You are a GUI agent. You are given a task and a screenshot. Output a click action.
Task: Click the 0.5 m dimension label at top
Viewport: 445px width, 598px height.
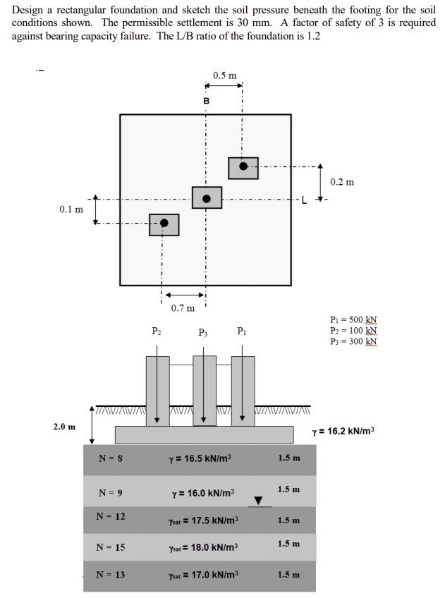[x=225, y=75]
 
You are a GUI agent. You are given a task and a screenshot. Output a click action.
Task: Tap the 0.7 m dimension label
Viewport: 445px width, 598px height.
[x=183, y=307]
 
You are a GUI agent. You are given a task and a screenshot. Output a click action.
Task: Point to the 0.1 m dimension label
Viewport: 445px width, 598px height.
[x=71, y=209]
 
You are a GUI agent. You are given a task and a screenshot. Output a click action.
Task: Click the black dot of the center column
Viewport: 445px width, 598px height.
[x=207, y=198]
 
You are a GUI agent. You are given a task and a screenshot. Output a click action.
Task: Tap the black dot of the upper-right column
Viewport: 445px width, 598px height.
[x=243, y=166]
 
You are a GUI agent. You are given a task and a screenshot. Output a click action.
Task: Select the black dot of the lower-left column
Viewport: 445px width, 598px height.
[x=164, y=223]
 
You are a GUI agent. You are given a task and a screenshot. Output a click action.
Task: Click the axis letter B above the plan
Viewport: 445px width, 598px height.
[x=207, y=102]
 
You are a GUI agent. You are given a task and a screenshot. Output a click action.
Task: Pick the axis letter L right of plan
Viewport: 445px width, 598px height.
[x=305, y=199]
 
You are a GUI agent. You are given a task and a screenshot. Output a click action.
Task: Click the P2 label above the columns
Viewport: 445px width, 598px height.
[x=157, y=330]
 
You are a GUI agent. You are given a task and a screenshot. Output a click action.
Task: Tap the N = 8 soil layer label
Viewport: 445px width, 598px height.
[x=111, y=458]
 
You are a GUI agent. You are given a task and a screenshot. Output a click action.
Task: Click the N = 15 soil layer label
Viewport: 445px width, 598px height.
[x=111, y=547]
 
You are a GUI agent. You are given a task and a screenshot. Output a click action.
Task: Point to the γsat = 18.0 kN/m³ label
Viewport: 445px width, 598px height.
[x=204, y=547]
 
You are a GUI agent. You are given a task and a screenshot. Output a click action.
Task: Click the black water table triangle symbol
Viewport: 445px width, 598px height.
[x=258, y=501]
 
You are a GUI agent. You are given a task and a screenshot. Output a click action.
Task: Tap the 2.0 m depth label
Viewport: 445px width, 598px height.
[x=64, y=427]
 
